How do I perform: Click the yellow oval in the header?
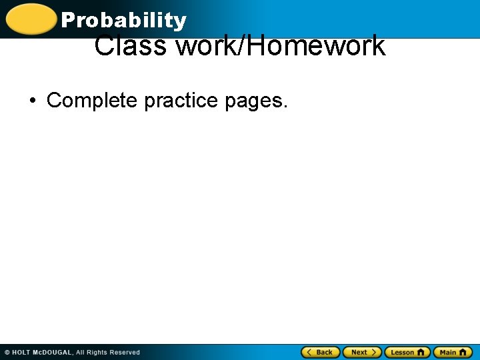pos(31,19)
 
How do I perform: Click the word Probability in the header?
pos(123,21)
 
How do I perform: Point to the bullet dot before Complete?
pos(32,101)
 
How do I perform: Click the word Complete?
pos(93,101)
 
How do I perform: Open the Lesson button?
pos(407,352)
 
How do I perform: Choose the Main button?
pos(453,352)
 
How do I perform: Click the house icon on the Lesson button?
pos(421,352)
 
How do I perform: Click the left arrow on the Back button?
pos(309,352)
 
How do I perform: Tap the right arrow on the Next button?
pos(374,352)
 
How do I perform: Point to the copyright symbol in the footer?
pos(7,352)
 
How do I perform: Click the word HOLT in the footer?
pos(21,352)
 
